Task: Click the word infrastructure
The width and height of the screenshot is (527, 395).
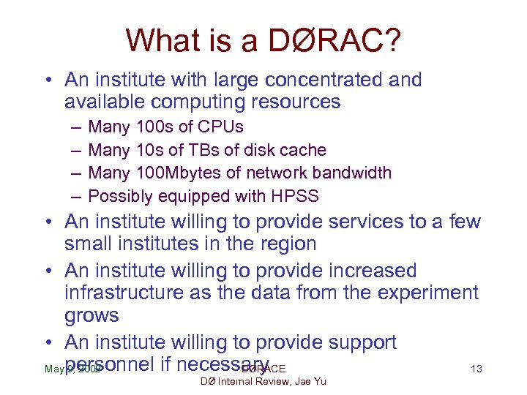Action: [128, 293]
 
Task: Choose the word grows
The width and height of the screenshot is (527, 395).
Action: [91, 316]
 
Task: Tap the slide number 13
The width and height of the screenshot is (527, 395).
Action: [476, 369]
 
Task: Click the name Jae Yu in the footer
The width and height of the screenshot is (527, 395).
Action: [310, 381]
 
